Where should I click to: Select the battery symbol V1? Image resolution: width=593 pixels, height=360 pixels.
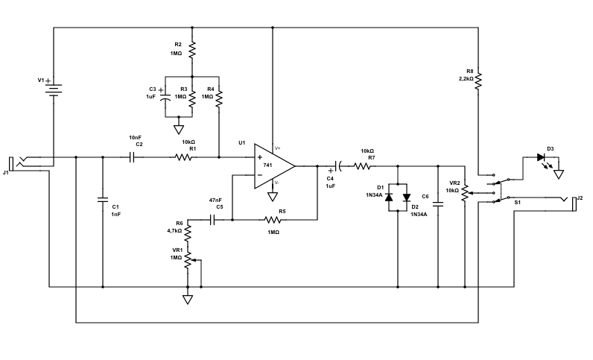54,88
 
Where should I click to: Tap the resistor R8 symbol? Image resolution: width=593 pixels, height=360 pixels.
479,78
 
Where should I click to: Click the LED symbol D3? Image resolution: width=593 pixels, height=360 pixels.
541,157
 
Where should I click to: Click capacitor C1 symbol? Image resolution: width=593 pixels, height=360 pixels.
103,199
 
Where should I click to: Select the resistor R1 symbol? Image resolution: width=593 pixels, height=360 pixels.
184,157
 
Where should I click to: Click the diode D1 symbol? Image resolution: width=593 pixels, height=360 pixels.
388,198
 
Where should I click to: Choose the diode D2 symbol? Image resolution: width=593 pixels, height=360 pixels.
406,198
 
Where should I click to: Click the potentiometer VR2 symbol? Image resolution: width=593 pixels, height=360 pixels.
465,192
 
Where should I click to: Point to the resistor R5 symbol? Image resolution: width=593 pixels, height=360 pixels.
273,220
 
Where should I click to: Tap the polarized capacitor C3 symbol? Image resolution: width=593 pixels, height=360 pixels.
164,97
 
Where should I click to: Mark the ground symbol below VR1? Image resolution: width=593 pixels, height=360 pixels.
188,300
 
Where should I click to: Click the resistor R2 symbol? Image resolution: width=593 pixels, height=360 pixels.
192,50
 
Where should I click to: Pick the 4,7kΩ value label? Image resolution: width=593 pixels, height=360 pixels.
175,231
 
